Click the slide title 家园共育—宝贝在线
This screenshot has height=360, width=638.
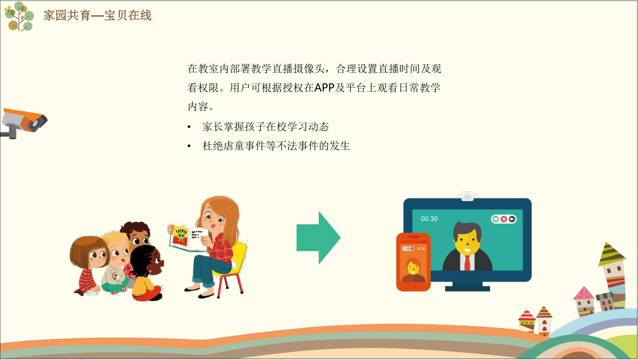click(x=98, y=15)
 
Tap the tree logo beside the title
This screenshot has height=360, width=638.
click(x=19, y=16)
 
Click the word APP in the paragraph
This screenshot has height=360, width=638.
click(x=324, y=88)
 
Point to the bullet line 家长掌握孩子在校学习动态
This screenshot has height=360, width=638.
click(x=265, y=127)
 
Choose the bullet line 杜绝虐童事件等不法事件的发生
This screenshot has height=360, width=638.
click(x=276, y=146)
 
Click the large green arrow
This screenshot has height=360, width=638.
click(x=318, y=238)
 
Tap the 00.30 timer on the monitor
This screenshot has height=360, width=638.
click(x=429, y=219)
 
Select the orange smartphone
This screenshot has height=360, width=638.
click(x=413, y=262)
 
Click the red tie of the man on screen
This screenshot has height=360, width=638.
click(x=467, y=262)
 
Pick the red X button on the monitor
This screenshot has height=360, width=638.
click(x=504, y=219)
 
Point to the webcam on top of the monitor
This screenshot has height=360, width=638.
click(x=467, y=196)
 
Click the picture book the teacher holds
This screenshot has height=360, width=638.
click(x=189, y=238)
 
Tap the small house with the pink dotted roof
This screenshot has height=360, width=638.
click(x=584, y=301)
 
